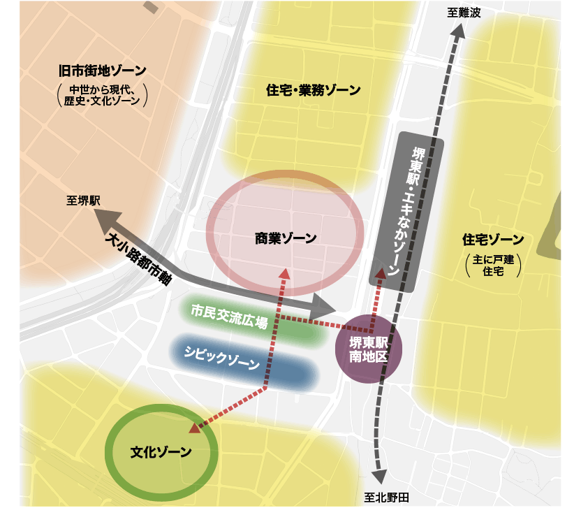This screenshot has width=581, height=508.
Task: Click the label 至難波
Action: tap(464, 13)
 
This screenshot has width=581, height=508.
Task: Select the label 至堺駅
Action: tap(84, 201)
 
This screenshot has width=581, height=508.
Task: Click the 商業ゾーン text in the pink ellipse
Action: tap(285, 238)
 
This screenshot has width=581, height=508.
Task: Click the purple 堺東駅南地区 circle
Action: tap(368, 348)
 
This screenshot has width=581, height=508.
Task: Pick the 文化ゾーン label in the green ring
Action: tap(161, 451)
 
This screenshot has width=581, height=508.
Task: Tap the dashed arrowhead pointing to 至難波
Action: tap(458, 31)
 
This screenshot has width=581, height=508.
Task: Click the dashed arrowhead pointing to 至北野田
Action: tap(379, 477)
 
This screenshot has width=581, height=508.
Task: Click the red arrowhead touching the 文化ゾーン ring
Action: tap(193, 427)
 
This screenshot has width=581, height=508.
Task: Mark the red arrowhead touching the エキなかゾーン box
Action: tap(379, 274)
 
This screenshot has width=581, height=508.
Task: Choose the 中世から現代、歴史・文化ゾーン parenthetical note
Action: tap(103, 95)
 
